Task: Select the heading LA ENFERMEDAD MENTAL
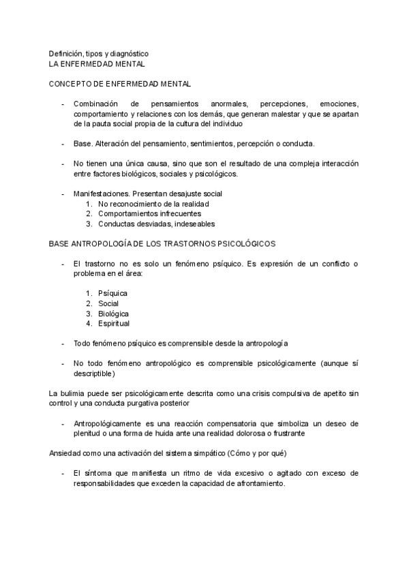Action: tap(97, 63)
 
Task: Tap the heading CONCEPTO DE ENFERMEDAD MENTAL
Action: tap(119, 84)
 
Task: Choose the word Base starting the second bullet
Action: tap(82, 144)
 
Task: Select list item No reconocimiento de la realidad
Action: tap(153, 204)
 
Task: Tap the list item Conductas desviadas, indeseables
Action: tap(156, 224)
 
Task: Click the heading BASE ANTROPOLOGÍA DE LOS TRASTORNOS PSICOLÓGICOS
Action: tap(162, 243)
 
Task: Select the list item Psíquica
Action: tap(112, 294)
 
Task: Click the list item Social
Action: tap(108, 303)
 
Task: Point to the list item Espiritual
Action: tap(114, 323)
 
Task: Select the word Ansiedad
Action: tap(64, 453)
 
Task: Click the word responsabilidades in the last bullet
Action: tap(106, 483)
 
